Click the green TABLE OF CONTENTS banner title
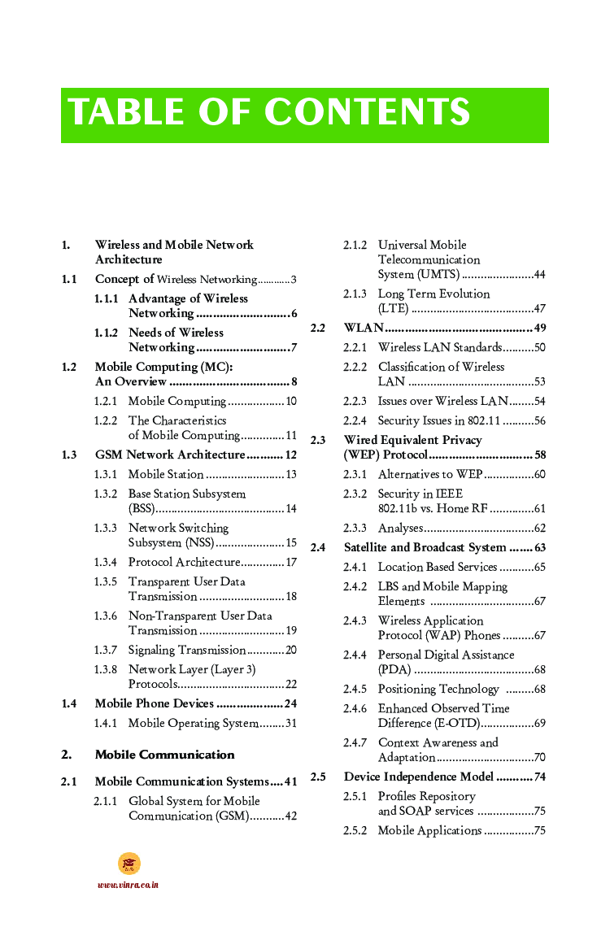269,113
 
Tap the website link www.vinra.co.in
128,885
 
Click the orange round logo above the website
129,864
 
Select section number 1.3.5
105,581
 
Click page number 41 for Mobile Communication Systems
290,781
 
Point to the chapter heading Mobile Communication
164,755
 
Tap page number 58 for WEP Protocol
540,455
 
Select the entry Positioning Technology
438,689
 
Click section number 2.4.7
355,742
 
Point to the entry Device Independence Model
418,777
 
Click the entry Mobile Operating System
193,723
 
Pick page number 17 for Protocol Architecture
290,562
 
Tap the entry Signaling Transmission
187,650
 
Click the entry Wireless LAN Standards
439,347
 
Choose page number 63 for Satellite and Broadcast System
540,547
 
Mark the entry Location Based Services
437,567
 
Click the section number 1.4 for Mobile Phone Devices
69,703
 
